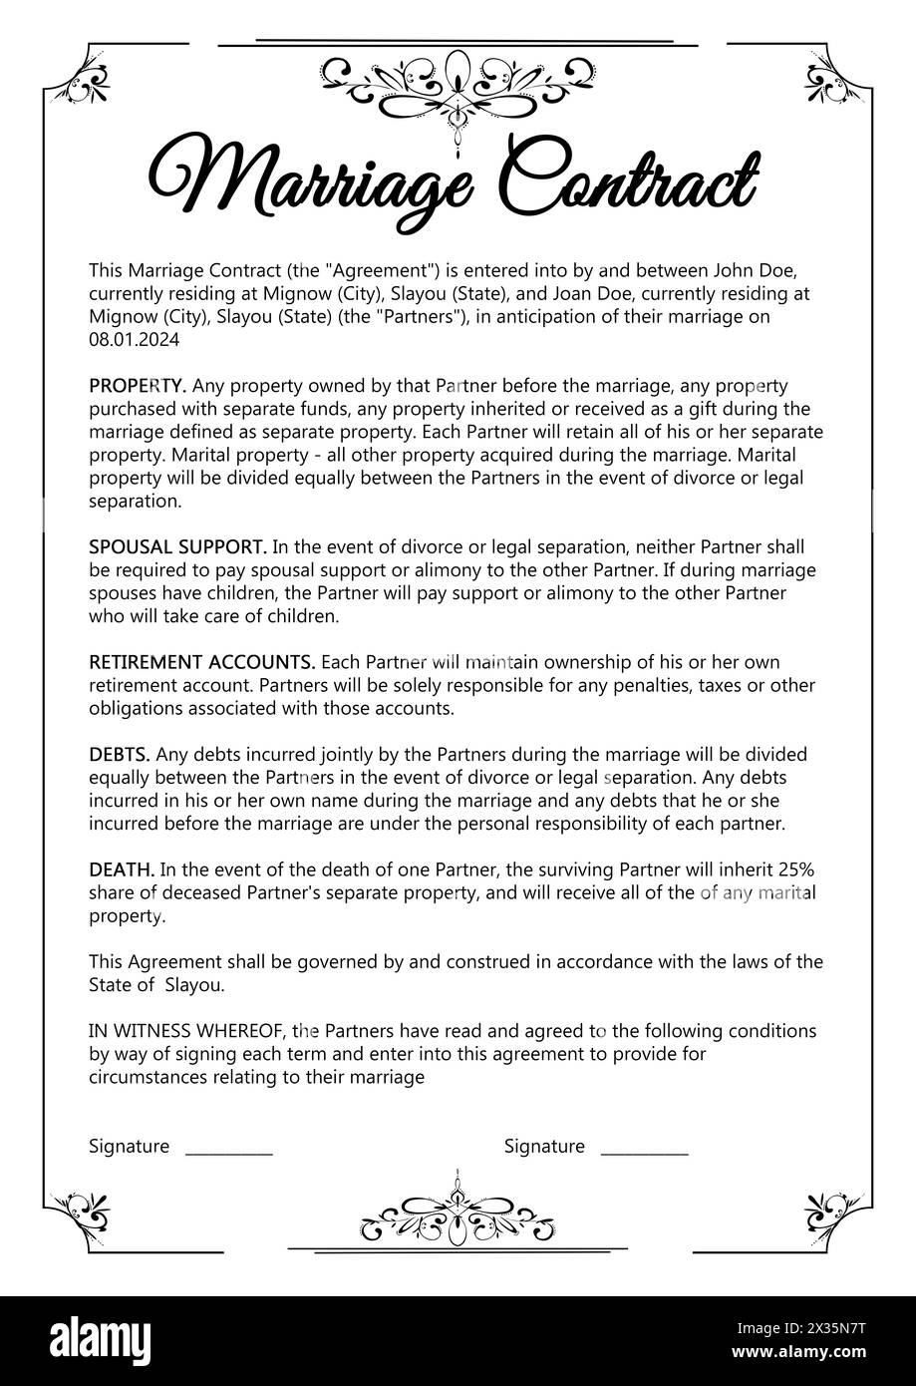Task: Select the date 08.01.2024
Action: [134, 340]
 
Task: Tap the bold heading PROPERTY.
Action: [138, 386]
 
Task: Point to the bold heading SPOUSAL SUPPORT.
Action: [177, 546]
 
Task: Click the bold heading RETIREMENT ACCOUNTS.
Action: [202, 662]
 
